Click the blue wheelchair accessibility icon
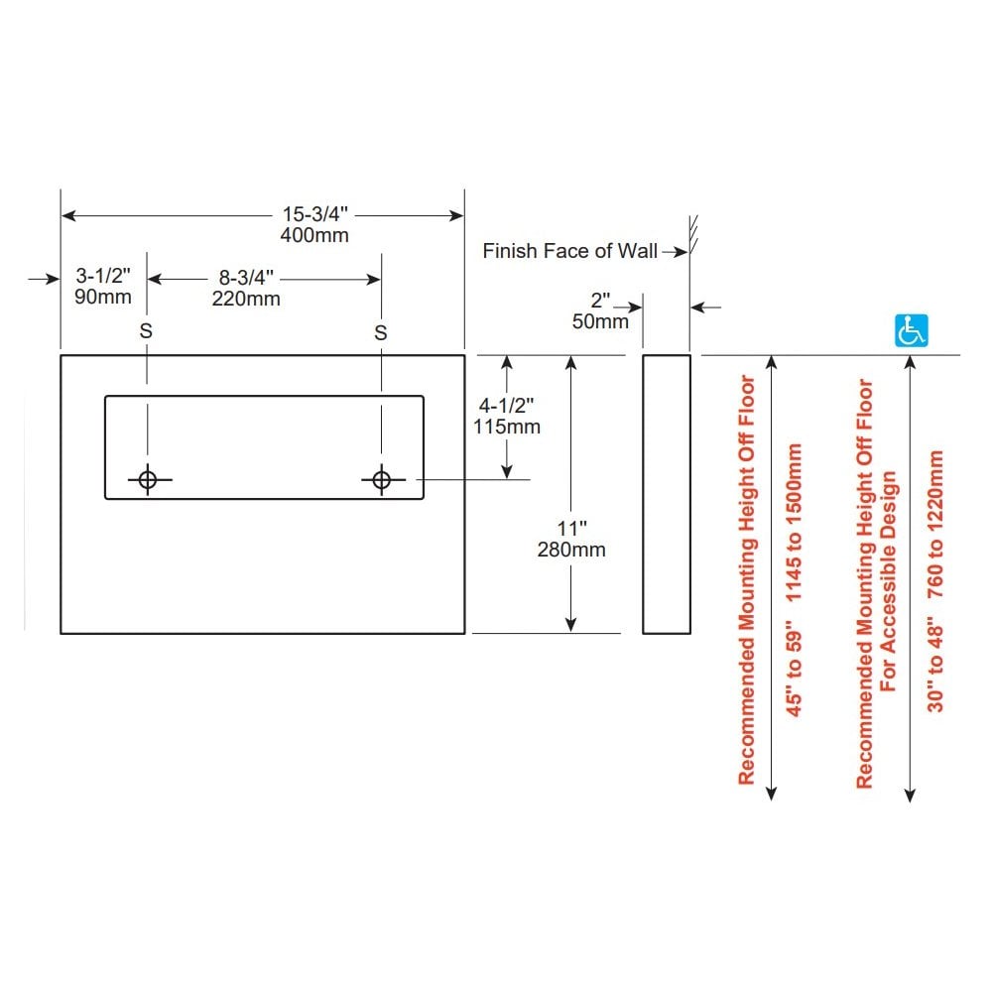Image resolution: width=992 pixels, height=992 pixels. coord(911,330)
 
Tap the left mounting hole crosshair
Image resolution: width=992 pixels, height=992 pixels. coord(148,480)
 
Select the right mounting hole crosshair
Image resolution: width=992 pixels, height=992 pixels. coord(381,480)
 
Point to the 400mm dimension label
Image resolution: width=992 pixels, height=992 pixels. coord(315,236)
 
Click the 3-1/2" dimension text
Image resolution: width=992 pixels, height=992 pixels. coord(102,277)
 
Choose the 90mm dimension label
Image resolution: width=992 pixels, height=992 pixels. coord(102,298)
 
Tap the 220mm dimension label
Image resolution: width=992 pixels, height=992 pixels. coord(245,298)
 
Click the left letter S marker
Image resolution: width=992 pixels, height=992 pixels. coord(146,332)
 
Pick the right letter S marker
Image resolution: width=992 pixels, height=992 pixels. coord(381,332)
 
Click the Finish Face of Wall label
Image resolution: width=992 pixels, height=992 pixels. coord(569,251)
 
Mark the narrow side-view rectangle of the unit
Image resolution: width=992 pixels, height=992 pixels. coord(666,493)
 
